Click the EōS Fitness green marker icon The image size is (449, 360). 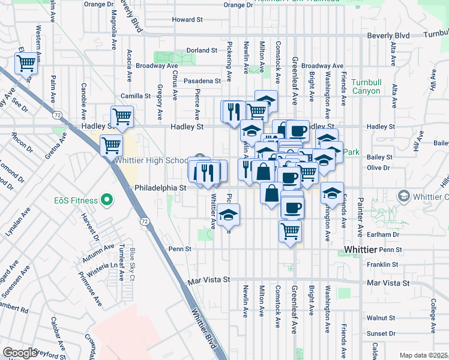pyautogui.click(x=107, y=199)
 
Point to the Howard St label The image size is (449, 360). pyautogui.click(x=187, y=20)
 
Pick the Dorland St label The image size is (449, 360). pyautogui.click(x=201, y=50)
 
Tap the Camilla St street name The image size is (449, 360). pyautogui.click(x=135, y=95)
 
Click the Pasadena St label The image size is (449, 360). pyautogui.click(x=202, y=81)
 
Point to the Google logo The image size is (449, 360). pyautogui.click(x=20, y=353)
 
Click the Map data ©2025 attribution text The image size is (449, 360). pyautogui.click(x=423, y=355)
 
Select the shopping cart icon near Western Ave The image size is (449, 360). pyautogui.click(x=26, y=63)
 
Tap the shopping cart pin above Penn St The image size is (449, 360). pyautogui.click(x=290, y=231)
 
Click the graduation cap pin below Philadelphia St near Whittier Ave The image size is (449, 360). pyautogui.click(x=228, y=215)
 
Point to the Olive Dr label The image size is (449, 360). pyautogui.click(x=379, y=169)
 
